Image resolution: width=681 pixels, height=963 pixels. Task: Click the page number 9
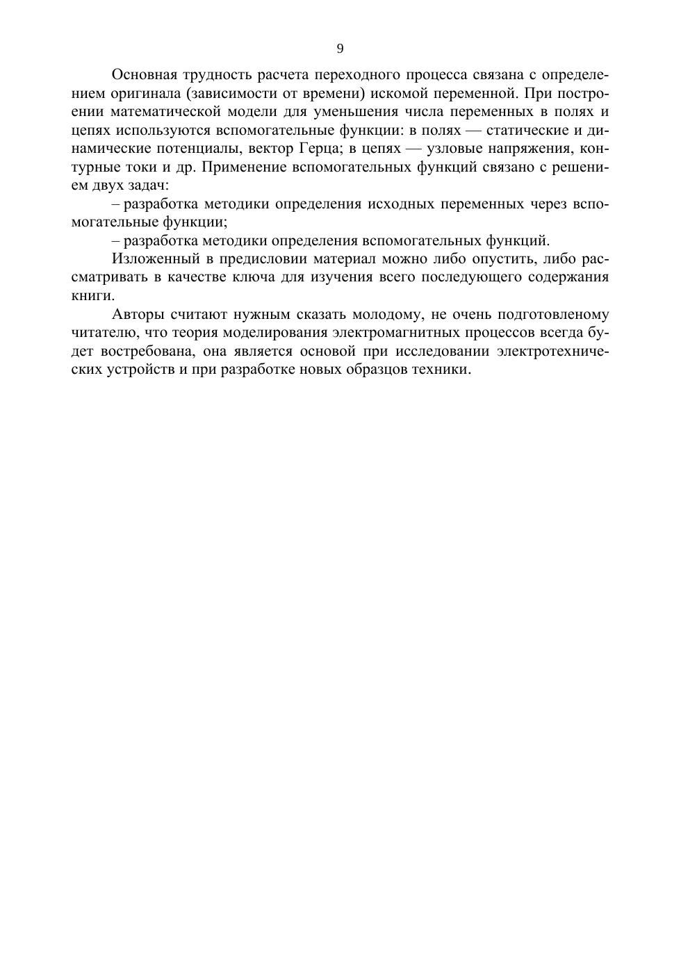point(340,48)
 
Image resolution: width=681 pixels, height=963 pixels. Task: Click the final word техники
point(445,369)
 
